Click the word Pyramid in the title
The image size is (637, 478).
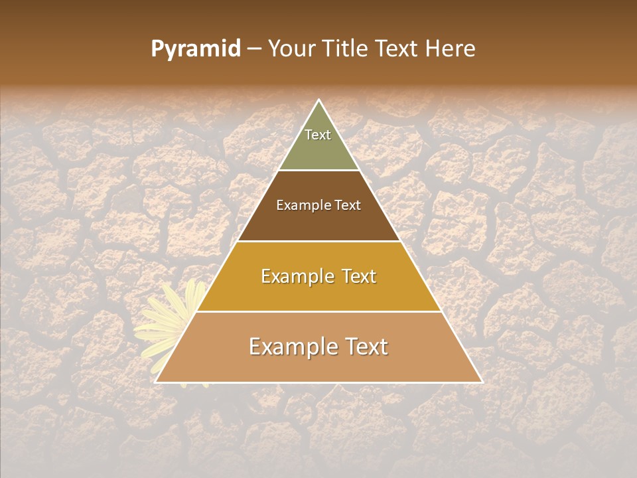tap(195, 49)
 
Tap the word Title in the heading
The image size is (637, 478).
tap(346, 48)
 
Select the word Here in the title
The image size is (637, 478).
tap(451, 48)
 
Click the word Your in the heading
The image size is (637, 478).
tap(291, 48)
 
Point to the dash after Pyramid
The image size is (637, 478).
tap(254, 49)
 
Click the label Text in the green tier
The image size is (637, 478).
tap(318, 135)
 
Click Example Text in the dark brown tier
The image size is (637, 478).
tap(318, 205)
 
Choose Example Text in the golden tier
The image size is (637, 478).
tap(318, 276)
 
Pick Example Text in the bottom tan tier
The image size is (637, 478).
tap(318, 347)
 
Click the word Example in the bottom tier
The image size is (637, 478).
tap(291, 347)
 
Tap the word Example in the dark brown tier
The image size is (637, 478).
tap(301, 205)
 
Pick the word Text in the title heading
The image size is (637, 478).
tap(395, 48)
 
